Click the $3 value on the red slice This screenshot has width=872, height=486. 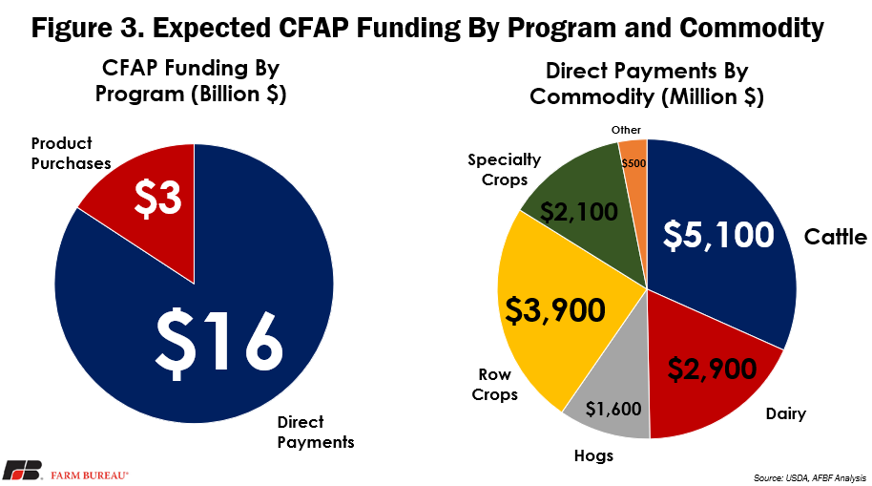[x=158, y=199]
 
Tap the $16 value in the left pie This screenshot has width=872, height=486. [x=218, y=343]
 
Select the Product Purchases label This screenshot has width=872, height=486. [x=71, y=153]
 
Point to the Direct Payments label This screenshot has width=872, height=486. [x=316, y=432]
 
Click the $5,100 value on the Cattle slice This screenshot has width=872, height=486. [x=718, y=234]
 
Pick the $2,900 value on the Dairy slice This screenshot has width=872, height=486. [x=712, y=369]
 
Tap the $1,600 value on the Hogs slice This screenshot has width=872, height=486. [x=613, y=410]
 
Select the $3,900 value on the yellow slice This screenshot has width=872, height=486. [x=554, y=310]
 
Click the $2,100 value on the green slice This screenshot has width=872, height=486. [x=579, y=212]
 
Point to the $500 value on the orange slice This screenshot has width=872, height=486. [x=634, y=163]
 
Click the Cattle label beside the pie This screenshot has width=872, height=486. [x=836, y=237]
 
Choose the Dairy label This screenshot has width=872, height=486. [x=785, y=413]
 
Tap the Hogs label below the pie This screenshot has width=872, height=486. [x=593, y=456]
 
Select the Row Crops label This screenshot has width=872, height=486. [x=494, y=384]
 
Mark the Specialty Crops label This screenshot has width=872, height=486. [x=505, y=170]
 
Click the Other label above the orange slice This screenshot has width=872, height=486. [x=626, y=130]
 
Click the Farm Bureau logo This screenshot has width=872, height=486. [x=66, y=471]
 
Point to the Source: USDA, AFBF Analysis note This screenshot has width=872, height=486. [x=810, y=477]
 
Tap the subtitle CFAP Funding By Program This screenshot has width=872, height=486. [x=190, y=81]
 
